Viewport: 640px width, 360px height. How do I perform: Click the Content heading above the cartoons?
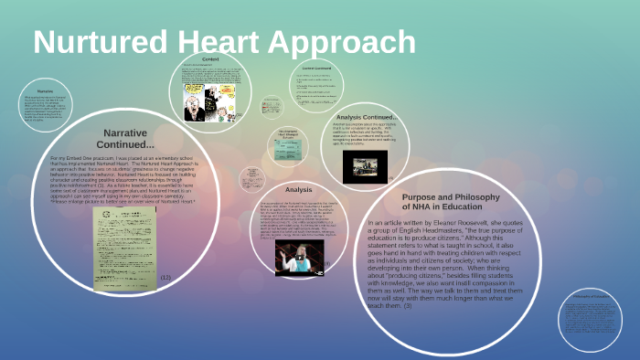209,58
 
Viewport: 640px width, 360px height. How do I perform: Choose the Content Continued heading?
314,67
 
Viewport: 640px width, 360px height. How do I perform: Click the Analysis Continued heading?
367,117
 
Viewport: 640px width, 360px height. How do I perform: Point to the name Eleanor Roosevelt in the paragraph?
471,223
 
